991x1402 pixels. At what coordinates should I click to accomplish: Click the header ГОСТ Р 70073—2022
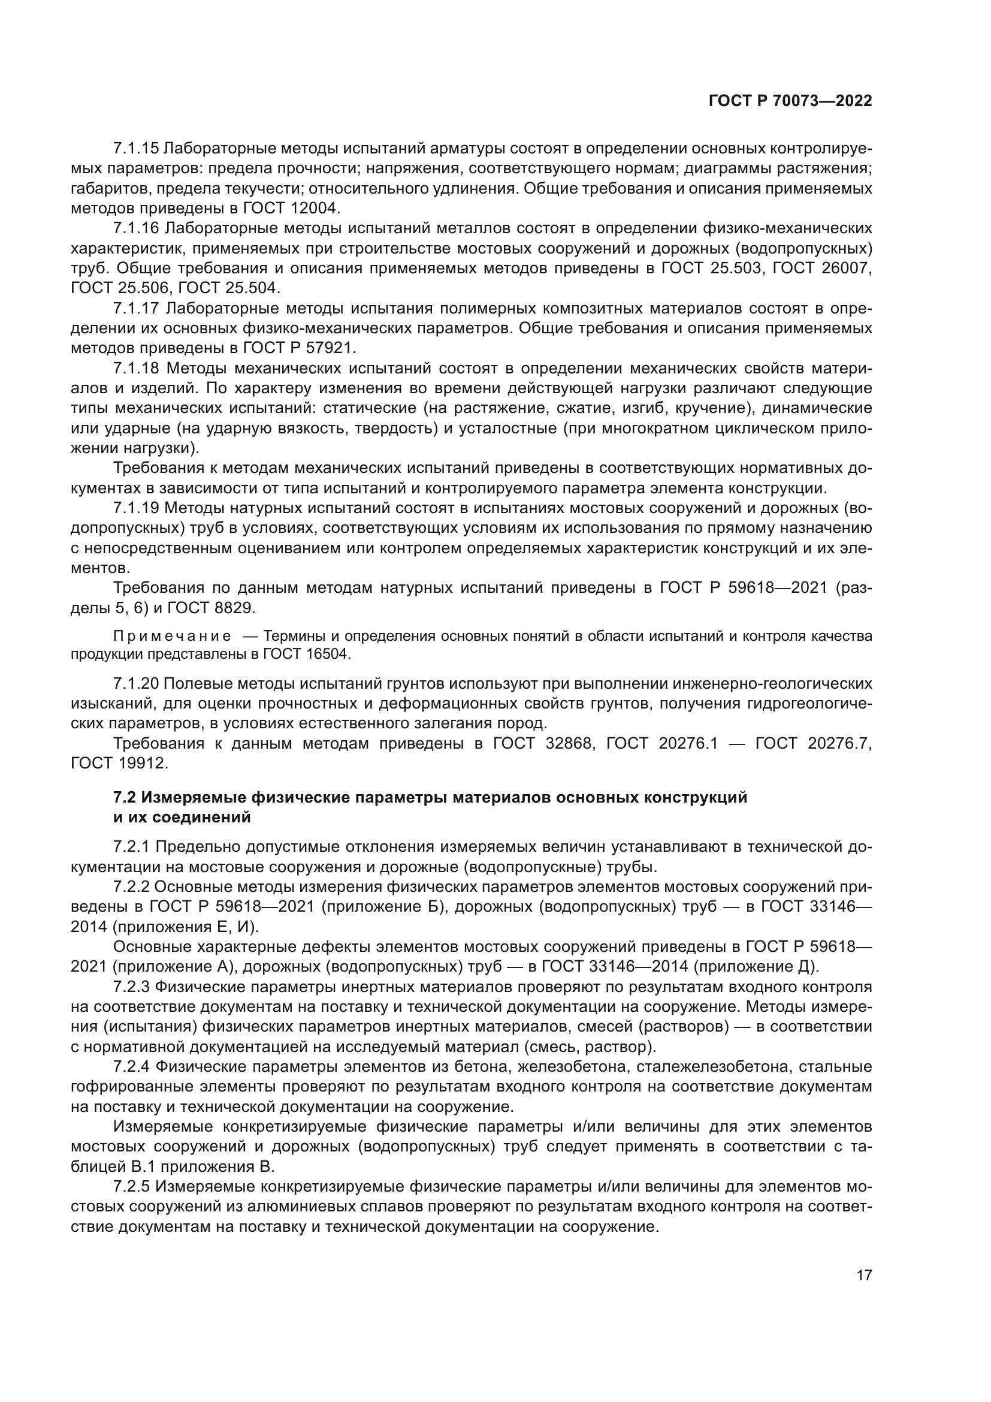[790, 101]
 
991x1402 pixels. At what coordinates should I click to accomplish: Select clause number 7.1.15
[136, 149]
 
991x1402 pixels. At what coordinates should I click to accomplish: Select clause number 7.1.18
[136, 368]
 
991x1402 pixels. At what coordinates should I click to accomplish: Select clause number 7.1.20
[136, 683]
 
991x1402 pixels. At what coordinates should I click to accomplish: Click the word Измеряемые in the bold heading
[195, 797]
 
